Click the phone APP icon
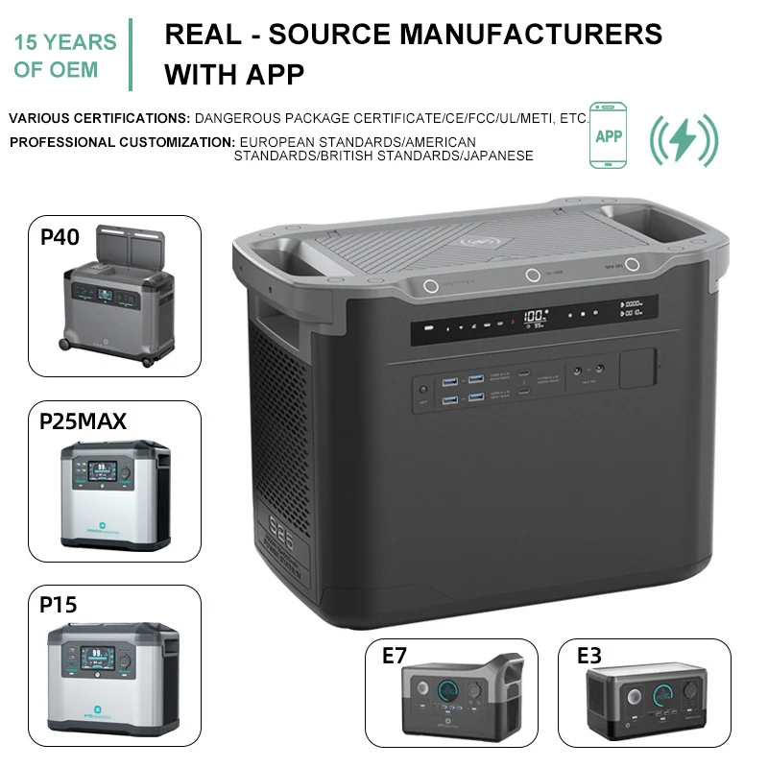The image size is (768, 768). pyautogui.click(x=608, y=136)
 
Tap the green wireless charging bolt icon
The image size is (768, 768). pyautogui.click(x=683, y=140)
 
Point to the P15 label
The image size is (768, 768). pyautogui.click(x=59, y=605)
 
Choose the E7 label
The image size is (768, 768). pyautogui.click(x=395, y=657)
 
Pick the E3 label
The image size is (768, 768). pyautogui.click(x=589, y=657)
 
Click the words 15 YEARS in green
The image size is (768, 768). pyautogui.click(x=66, y=42)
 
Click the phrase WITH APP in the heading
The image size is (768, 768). pyautogui.click(x=234, y=74)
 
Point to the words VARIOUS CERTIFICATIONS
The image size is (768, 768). pyautogui.click(x=99, y=118)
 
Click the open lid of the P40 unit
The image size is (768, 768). pyautogui.click(x=125, y=239)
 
